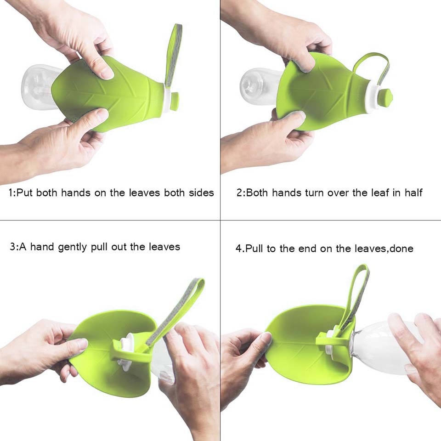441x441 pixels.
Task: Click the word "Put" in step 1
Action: click(x=26, y=193)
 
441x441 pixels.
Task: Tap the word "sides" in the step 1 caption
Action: click(x=201, y=193)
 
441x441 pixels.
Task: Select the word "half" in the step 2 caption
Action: click(x=413, y=193)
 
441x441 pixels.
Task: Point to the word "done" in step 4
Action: click(x=401, y=249)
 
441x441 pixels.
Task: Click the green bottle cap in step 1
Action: click(x=175, y=102)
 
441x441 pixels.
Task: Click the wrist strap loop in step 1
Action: click(x=174, y=51)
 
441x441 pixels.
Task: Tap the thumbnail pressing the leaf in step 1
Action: click(x=106, y=72)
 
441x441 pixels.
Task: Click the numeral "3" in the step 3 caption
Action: click(x=12, y=247)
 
